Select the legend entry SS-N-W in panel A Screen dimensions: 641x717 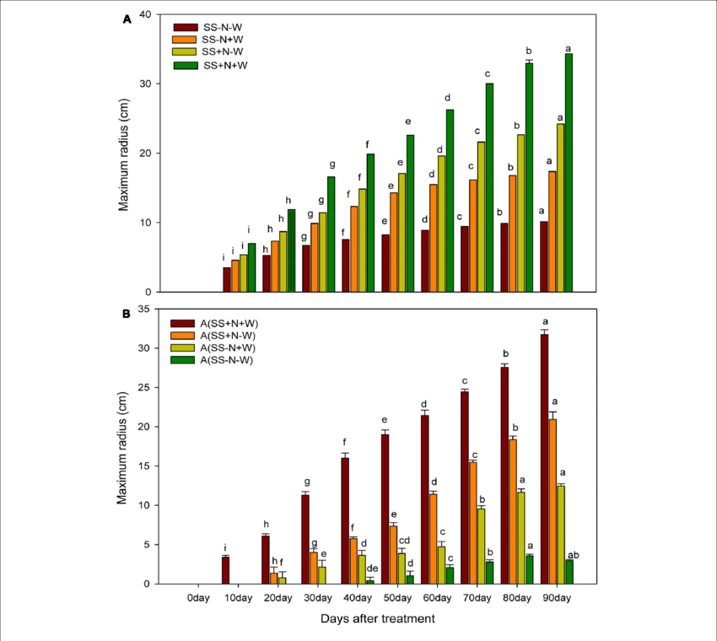[x=221, y=27]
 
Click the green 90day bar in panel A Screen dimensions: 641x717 [x=569, y=173]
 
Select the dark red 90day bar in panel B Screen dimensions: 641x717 [x=544, y=459]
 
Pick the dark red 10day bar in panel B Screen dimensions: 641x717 [x=225, y=570]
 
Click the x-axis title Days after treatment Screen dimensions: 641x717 [x=377, y=619]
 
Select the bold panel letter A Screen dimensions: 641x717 [x=127, y=19]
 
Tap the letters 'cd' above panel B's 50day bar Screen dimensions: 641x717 [x=405, y=541]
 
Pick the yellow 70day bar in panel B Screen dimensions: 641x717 [x=481, y=546]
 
